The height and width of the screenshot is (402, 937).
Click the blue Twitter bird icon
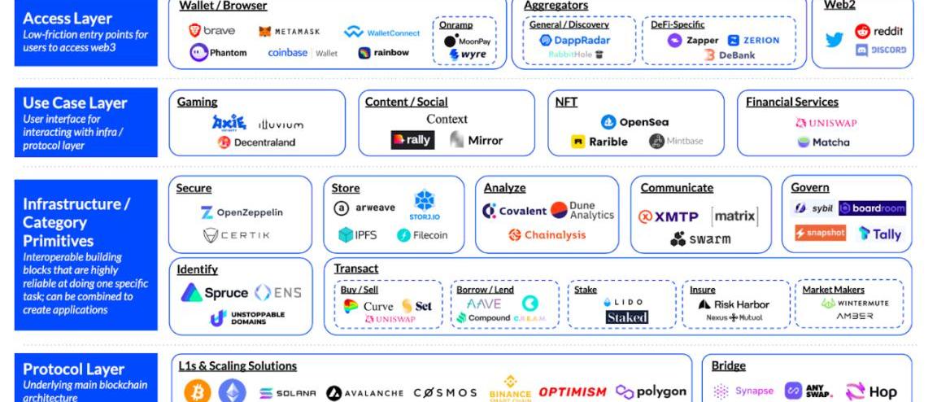click(834, 40)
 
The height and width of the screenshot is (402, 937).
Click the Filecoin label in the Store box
click(430, 235)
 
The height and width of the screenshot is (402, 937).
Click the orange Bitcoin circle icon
click(197, 392)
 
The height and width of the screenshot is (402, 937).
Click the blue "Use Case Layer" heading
click(75, 103)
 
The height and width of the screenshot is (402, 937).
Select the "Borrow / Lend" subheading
click(485, 290)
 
